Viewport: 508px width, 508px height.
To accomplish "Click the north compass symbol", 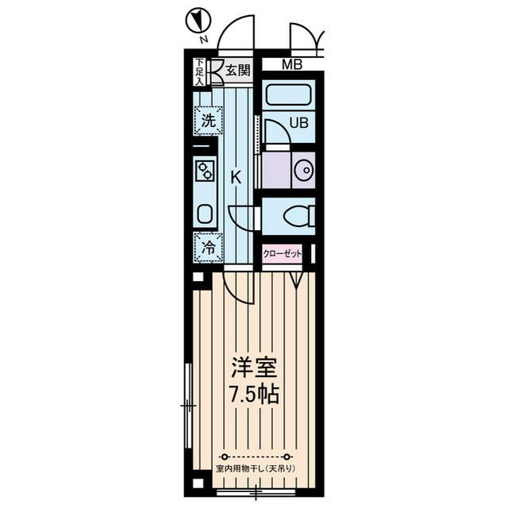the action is pyautogui.click(x=198, y=21).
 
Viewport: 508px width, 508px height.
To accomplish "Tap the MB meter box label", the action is pyautogui.click(x=292, y=64).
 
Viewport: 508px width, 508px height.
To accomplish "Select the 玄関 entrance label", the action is pyautogui.click(x=238, y=70).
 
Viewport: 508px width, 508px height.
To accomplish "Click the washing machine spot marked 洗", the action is pyautogui.click(x=209, y=121).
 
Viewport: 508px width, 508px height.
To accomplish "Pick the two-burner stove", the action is pyautogui.click(x=206, y=171).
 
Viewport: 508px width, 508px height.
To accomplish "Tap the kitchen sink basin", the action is pyautogui.click(x=205, y=214).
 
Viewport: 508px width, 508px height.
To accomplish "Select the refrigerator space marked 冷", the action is pyautogui.click(x=209, y=247).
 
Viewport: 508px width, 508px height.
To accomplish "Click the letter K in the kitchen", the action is pyautogui.click(x=236, y=178).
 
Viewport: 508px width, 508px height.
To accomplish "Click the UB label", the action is pyautogui.click(x=298, y=123).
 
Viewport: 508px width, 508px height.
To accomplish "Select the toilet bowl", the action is pyautogui.click(x=296, y=215).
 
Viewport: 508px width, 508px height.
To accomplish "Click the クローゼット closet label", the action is pyautogui.click(x=283, y=254).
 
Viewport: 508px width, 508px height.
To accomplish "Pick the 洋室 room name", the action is pyautogui.click(x=254, y=368).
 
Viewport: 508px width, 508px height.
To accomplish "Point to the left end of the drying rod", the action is pyautogui.click(x=224, y=457).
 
